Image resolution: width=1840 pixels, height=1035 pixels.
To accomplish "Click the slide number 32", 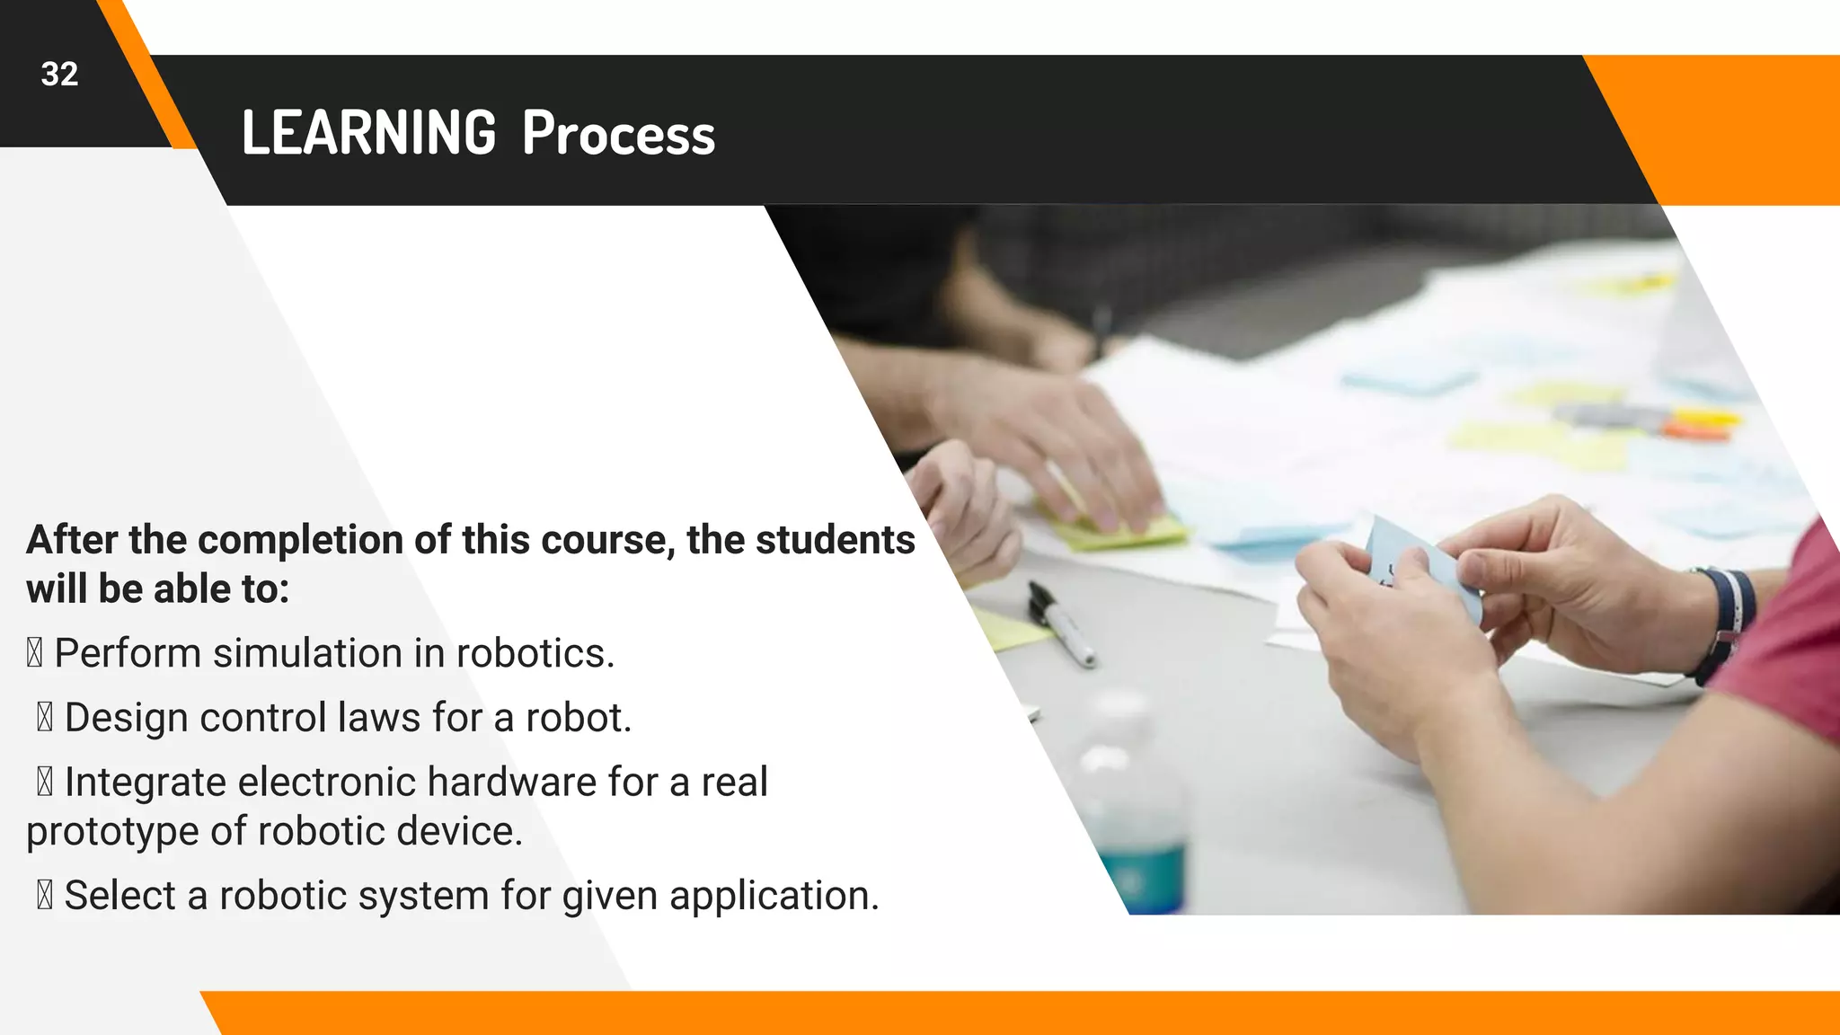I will (x=59, y=75).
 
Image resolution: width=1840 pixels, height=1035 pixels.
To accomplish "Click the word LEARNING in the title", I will (x=368, y=134).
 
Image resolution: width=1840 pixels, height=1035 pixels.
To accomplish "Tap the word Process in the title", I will (x=618, y=134).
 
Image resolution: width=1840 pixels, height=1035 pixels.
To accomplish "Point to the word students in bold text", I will (x=835, y=540).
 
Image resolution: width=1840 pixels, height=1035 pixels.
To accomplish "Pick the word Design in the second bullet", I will (x=126, y=718).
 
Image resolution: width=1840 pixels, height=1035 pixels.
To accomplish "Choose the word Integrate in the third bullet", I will (x=146, y=782).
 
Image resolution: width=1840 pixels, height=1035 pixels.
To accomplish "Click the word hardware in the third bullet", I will (x=511, y=782).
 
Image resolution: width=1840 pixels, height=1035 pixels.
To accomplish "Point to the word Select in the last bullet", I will (x=119, y=896).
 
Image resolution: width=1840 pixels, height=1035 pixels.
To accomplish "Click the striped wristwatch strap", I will (x=1725, y=620).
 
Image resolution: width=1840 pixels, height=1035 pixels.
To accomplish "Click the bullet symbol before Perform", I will (x=34, y=653).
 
